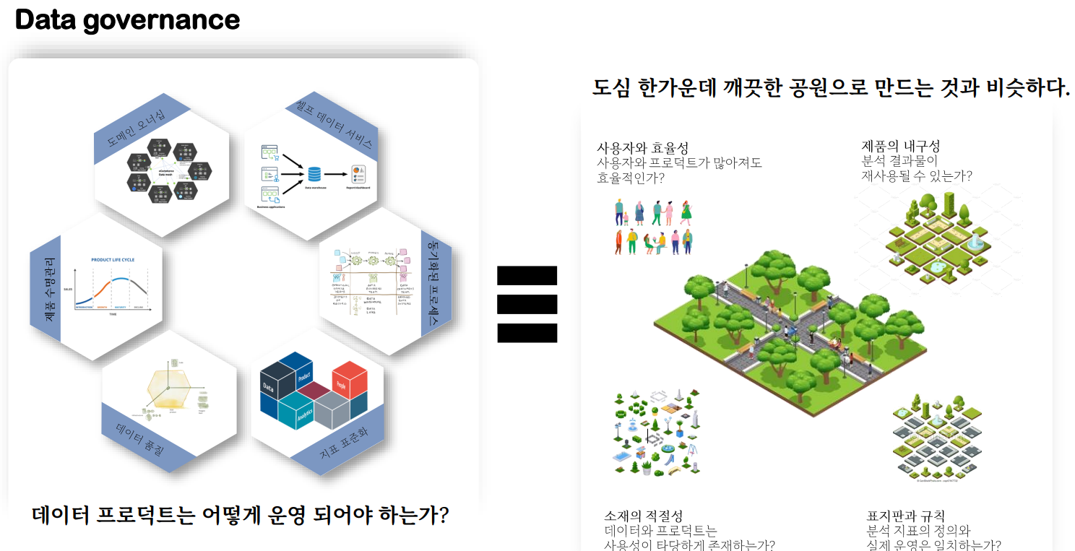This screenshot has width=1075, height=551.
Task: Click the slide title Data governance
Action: coord(127,19)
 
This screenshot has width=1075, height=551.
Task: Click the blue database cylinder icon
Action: coord(314,174)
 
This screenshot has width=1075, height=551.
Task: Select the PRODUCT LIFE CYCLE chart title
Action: coord(113,260)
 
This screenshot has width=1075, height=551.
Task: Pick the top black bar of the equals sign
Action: coord(527,275)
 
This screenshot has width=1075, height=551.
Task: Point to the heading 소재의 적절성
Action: coord(643,516)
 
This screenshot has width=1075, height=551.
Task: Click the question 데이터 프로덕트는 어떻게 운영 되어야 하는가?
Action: coord(241,516)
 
